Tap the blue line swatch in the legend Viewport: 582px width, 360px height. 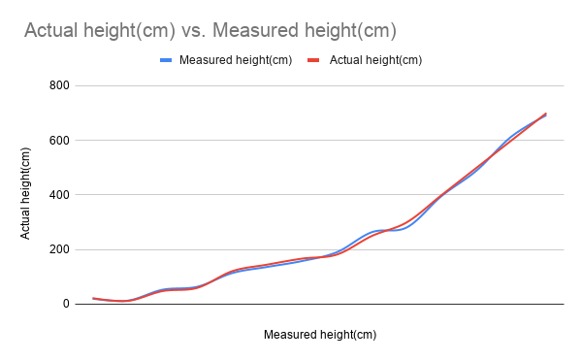click(x=166, y=60)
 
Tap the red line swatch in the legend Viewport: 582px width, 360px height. click(x=313, y=60)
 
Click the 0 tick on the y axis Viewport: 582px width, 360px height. click(x=66, y=304)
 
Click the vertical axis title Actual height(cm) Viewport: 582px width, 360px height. click(x=27, y=194)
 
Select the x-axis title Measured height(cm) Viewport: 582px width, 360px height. click(x=319, y=335)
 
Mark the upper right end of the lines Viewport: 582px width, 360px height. click(x=546, y=114)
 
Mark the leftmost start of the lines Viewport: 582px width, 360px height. click(x=93, y=299)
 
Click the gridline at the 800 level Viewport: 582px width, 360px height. click(x=320, y=85)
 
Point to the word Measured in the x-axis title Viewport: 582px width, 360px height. click(x=289, y=335)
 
